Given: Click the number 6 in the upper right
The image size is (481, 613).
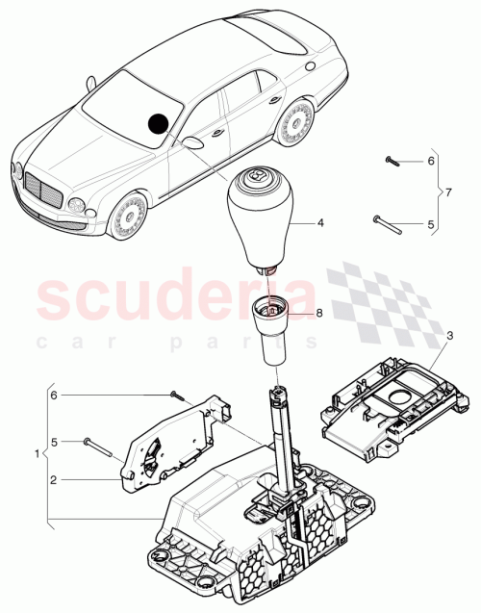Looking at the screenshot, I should tap(431, 160).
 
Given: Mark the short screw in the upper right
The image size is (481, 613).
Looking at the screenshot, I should tap(391, 160).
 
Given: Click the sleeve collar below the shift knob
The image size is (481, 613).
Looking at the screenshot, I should tap(274, 326).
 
